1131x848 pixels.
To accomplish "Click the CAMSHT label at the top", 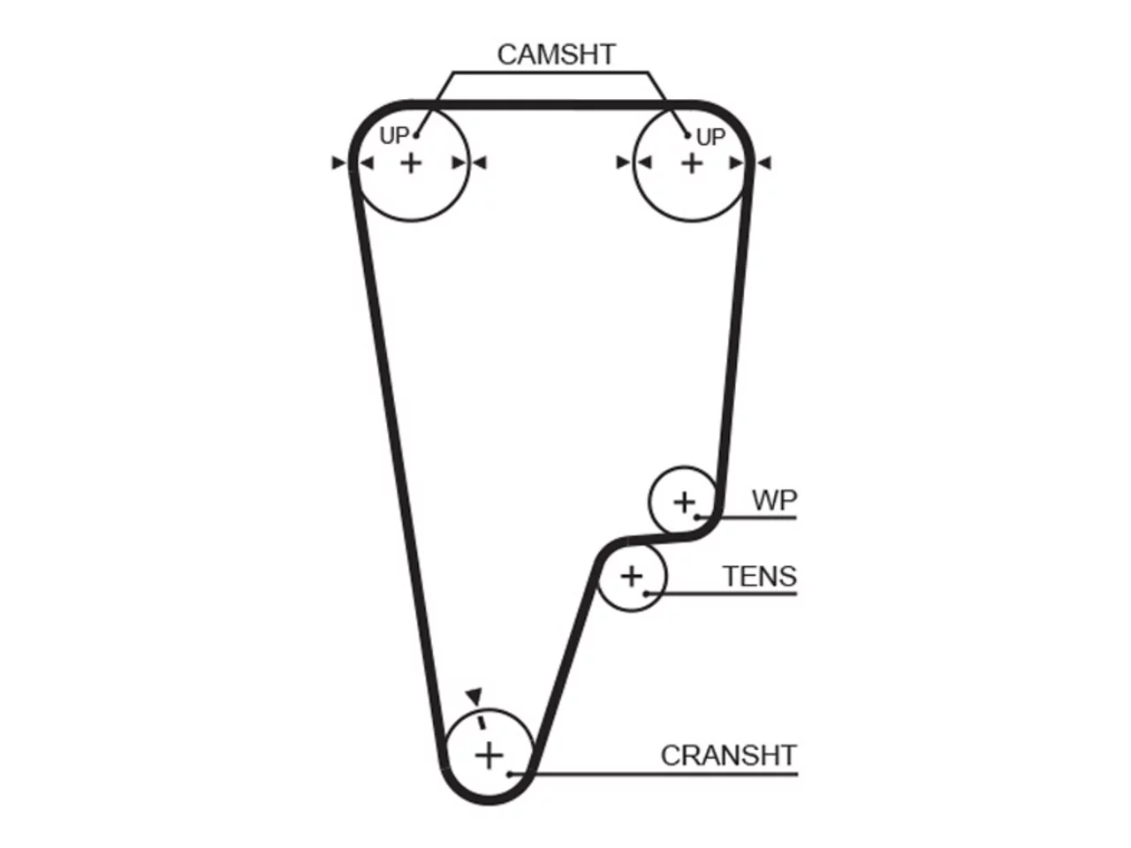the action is (x=556, y=55).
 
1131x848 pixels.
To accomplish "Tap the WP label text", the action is (x=774, y=500).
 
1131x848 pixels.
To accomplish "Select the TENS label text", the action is (x=760, y=576).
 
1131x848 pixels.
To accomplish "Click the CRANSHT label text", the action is (x=729, y=755).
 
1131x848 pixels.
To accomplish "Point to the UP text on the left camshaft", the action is (x=394, y=136).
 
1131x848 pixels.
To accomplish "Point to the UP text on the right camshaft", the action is (x=710, y=138).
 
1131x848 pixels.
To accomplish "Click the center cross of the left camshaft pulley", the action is (x=411, y=163).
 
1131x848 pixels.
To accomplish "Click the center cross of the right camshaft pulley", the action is (x=692, y=163).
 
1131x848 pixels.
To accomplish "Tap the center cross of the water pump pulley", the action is (x=684, y=502).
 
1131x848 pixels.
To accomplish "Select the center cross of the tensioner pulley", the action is (x=632, y=577).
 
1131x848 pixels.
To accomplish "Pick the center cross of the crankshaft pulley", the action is (x=489, y=756).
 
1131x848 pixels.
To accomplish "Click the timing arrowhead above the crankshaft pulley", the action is (x=474, y=696).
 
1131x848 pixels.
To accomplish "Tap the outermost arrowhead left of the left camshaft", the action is (x=339, y=163).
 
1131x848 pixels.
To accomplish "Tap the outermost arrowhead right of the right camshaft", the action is (x=764, y=163).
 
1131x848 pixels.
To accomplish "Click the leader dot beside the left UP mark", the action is (x=416, y=136).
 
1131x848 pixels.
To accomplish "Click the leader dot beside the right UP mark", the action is (x=687, y=136).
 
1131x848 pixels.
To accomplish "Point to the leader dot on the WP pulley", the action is (x=697, y=517).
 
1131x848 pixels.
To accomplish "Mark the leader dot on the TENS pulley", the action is (x=646, y=594).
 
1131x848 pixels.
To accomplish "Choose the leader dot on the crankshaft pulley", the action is (x=509, y=774).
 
